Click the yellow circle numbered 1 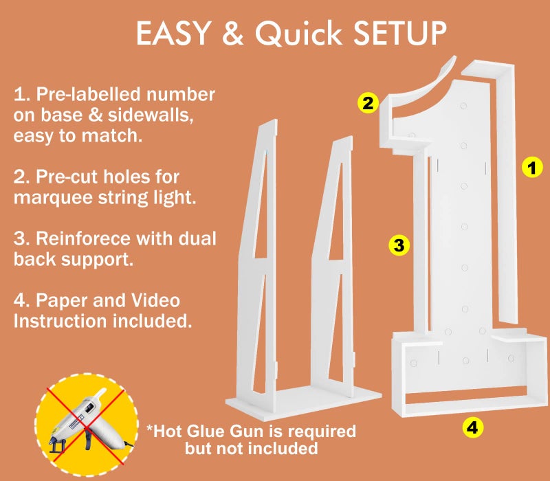click(532, 167)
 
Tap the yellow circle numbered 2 click(368, 103)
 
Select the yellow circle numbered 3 click(399, 245)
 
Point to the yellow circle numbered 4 click(472, 427)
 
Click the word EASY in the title click(173, 33)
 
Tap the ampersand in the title click(232, 33)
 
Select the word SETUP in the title click(399, 33)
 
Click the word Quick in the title click(298, 33)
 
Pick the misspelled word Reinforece click(82, 238)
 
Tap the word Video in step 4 click(155, 301)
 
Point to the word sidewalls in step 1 click(151, 115)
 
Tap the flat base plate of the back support click(303, 402)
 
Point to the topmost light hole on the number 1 click(463, 106)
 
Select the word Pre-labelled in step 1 click(89, 95)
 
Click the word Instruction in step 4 click(60, 321)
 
